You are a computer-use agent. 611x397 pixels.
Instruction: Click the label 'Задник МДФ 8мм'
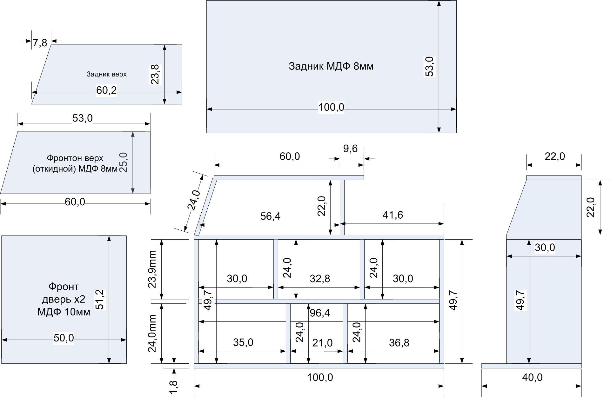coord(331,66)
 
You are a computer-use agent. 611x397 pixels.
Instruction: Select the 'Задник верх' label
coord(106,74)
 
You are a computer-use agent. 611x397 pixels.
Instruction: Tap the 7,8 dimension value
coord(40,43)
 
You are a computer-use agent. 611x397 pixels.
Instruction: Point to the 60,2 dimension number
coord(106,91)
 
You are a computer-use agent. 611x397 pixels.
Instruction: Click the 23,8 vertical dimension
coord(155,74)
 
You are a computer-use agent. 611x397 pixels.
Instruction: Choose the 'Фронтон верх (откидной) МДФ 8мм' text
coord(75,163)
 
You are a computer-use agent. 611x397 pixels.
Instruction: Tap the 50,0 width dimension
coord(64,338)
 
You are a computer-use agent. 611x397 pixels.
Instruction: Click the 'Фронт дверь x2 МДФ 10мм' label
coord(64,299)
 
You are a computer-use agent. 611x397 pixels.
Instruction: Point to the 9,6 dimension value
coord(351,149)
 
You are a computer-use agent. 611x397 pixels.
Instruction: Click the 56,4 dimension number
coord(270,216)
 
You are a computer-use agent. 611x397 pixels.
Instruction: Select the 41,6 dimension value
coord(393,215)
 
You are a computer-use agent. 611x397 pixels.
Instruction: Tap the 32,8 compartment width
coord(320,279)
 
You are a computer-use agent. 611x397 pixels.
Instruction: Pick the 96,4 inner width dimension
coord(320,313)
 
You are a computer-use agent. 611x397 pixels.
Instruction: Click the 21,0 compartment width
coord(322,343)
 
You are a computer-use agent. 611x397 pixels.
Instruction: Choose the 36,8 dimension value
coord(399,343)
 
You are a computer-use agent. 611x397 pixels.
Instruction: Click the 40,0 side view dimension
coord(532,377)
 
